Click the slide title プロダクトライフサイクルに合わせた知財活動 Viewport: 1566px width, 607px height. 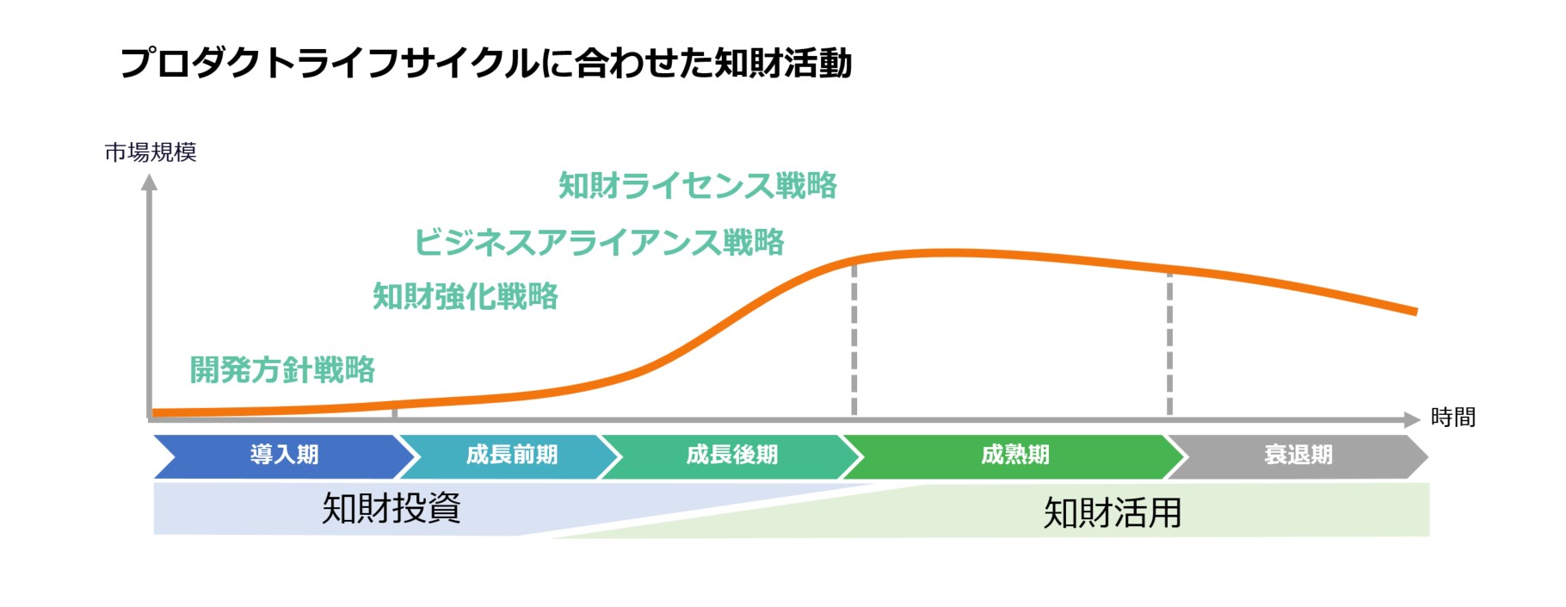[x=486, y=63]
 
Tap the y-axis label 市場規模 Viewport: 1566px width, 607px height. [x=151, y=152]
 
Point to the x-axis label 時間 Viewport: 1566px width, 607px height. [x=1453, y=418]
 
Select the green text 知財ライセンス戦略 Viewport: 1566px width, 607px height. [x=698, y=185]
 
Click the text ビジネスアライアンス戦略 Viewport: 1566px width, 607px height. [x=600, y=242]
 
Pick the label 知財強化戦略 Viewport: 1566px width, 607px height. [x=465, y=296]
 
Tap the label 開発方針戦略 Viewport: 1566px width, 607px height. [x=282, y=369]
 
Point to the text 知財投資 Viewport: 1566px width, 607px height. [x=391, y=508]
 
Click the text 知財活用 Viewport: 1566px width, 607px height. [x=1113, y=513]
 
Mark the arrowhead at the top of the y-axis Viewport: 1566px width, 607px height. [x=150, y=182]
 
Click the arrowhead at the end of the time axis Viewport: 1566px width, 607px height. [x=1412, y=419]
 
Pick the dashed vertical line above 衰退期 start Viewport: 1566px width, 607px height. [x=1169, y=343]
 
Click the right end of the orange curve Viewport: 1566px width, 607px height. [x=1415, y=312]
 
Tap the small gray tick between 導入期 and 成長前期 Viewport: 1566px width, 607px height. [x=394, y=412]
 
